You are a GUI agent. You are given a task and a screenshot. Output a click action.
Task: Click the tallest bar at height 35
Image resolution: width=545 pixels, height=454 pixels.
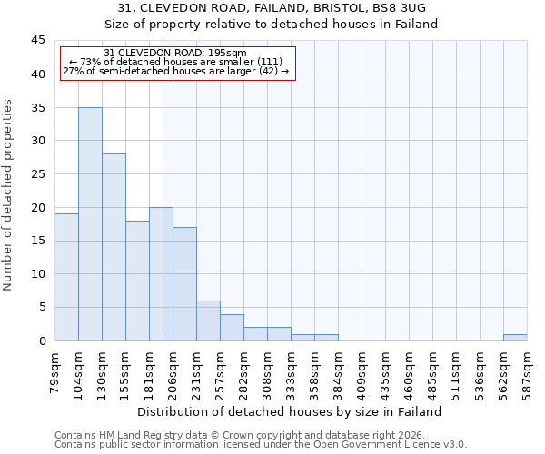click(x=90, y=223)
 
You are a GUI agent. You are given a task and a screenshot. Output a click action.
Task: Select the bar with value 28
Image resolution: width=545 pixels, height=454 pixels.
click(x=114, y=247)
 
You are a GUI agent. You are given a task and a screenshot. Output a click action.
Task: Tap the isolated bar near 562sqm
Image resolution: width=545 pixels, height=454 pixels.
click(x=515, y=337)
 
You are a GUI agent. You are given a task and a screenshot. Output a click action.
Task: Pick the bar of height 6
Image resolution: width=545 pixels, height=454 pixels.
click(x=208, y=321)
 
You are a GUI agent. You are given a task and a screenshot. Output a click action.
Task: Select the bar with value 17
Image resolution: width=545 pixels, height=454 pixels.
click(x=184, y=283)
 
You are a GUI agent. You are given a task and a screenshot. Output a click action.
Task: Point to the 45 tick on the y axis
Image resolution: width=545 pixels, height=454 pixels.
click(x=37, y=41)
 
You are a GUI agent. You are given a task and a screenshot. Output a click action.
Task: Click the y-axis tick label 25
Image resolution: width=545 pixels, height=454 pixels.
click(x=37, y=174)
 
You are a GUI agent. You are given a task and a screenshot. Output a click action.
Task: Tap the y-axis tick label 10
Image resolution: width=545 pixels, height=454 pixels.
click(x=37, y=274)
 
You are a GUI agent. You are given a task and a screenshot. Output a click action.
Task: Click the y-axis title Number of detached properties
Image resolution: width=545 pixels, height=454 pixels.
click(x=9, y=195)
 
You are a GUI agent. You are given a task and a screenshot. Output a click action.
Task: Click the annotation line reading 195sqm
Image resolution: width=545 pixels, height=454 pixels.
click(x=174, y=53)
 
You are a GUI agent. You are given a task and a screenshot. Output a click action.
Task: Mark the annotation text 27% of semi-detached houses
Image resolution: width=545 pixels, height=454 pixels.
click(x=175, y=71)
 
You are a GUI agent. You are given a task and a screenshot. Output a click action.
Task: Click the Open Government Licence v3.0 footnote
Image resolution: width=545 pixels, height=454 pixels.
click(x=261, y=445)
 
